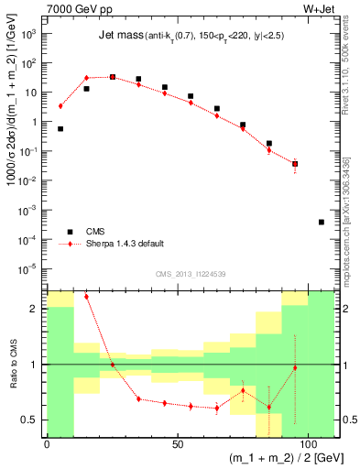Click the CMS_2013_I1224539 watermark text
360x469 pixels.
coord(191,274)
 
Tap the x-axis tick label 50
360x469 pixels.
coord(177,444)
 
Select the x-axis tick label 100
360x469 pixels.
coord(306,444)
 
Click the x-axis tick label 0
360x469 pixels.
coord(47,444)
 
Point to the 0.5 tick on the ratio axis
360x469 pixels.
coord(34,420)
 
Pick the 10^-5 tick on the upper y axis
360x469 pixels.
coord(30,268)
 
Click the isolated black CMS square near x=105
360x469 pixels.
coord(322,223)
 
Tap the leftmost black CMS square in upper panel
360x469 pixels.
coord(60,129)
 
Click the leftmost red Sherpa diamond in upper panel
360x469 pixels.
coord(60,106)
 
